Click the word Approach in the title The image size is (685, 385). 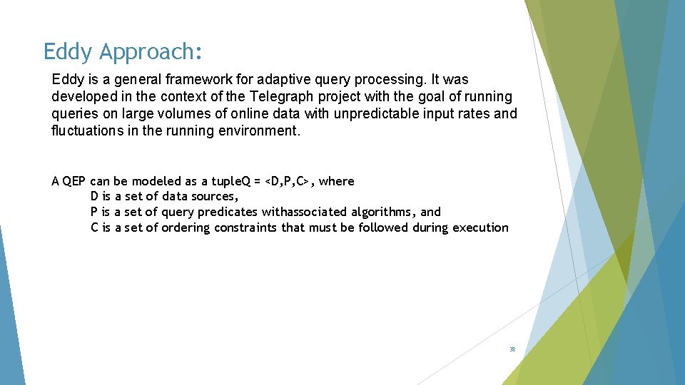(151, 52)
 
